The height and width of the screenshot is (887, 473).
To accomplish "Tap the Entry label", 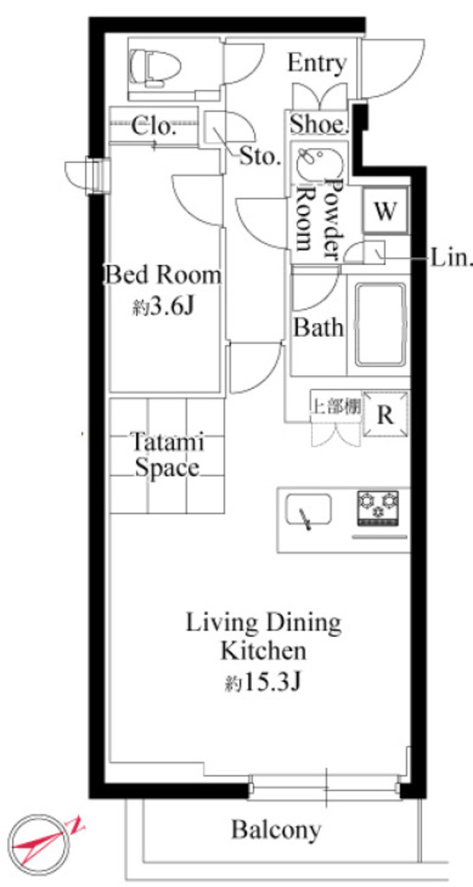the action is coord(316,63).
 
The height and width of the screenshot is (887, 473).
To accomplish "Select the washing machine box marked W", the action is coord(386,210).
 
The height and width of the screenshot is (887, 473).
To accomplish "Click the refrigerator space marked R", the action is coord(386,415).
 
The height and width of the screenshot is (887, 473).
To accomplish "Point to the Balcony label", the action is coord(276,830).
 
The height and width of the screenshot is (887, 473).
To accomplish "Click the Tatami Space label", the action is coord(167,455).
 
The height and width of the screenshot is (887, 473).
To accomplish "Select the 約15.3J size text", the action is coord(260,683).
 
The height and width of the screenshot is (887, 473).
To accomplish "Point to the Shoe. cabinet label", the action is coord(317,123).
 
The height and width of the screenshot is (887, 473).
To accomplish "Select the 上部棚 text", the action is coord(337,408).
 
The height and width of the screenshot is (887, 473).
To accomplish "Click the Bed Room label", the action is coord(162,276).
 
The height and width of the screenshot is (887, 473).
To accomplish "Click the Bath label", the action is coord(318,327).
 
